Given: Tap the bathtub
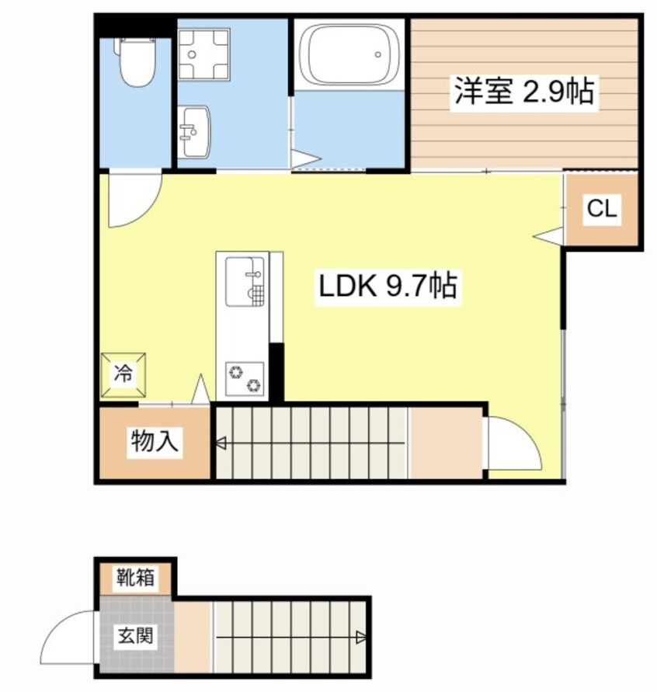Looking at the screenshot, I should pos(350,54).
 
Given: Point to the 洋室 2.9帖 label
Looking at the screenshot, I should pos(524,92).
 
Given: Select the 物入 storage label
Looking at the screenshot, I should pos(156,442).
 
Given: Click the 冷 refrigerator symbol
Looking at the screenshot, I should pos(123,374).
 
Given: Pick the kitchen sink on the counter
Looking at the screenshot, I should pos(245,280).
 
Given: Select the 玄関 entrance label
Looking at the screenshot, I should pos(135,637).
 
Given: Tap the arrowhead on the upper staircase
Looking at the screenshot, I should pos(221,444).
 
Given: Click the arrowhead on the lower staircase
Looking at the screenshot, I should pos(361,638).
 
